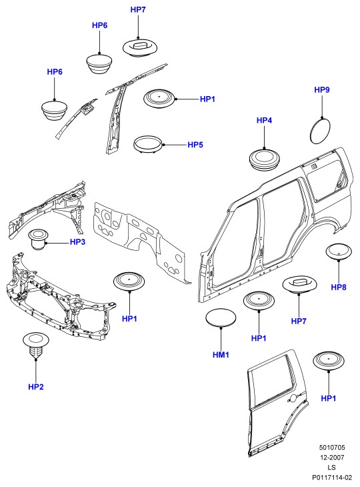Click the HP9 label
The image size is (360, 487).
click(x=322, y=90)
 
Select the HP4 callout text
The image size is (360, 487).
click(x=264, y=120)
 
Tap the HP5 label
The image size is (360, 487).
click(x=195, y=145)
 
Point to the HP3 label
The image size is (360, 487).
click(x=77, y=241)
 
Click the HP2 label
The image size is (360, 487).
click(x=36, y=387)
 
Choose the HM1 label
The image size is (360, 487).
click(x=221, y=354)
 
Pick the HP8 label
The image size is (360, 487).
click(x=338, y=287)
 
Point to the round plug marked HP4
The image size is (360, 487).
click(x=265, y=159)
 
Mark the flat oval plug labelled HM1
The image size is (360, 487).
click(x=221, y=318)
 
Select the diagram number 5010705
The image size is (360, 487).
click(x=332, y=448)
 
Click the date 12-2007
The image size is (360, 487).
click(x=332, y=457)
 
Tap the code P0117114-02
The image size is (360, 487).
click(x=332, y=477)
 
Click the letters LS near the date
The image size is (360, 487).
click(x=332, y=467)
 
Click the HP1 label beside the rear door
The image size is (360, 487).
click(x=329, y=398)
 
